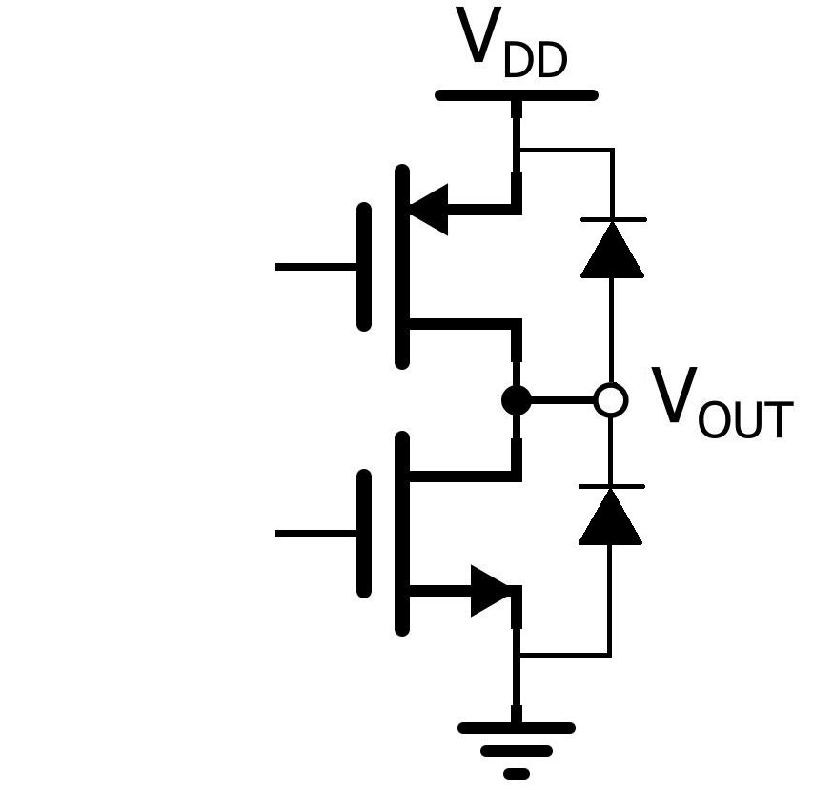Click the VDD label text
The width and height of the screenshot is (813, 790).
pyautogui.click(x=512, y=43)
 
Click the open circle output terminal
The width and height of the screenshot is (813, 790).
pyautogui.click(x=611, y=400)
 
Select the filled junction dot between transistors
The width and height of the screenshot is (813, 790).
pyautogui.click(x=517, y=400)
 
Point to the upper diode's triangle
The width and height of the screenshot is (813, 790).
pyautogui.click(x=612, y=251)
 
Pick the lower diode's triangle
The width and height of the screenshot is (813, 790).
pyautogui.click(x=610, y=517)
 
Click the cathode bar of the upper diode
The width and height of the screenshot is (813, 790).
pyautogui.click(x=614, y=220)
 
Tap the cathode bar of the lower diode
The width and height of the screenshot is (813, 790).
pyautogui.click(x=612, y=487)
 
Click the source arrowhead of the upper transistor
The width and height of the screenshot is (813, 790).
pyautogui.click(x=429, y=210)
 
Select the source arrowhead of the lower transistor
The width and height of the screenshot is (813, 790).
pyautogui.click(x=491, y=591)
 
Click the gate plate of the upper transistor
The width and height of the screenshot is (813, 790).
pyautogui.click(x=364, y=267)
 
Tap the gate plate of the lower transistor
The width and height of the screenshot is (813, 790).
pyautogui.click(x=364, y=534)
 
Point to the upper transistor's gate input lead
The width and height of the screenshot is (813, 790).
pyautogui.click(x=316, y=267)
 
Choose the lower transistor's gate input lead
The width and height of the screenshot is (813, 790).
pyautogui.click(x=316, y=534)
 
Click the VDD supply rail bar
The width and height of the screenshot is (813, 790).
pyautogui.click(x=517, y=95)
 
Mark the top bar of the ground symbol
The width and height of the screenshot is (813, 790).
pyautogui.click(x=517, y=728)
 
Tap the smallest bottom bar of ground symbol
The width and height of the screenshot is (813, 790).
pyautogui.click(x=517, y=774)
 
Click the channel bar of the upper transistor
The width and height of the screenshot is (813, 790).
pyautogui.click(x=402, y=267)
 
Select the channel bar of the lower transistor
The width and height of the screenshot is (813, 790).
pyautogui.click(x=402, y=534)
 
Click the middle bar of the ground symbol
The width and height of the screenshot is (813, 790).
pyautogui.click(x=517, y=751)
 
